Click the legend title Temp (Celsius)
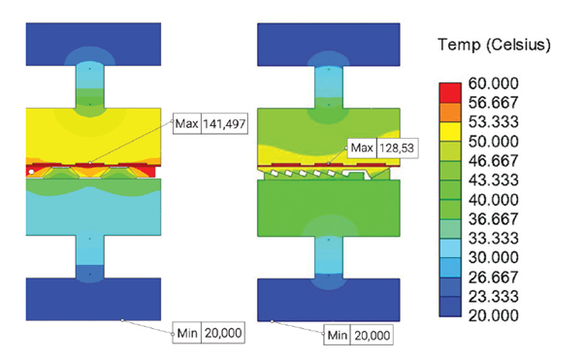(x=494, y=45)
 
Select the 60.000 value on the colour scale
(x=493, y=83)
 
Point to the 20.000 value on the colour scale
(x=493, y=315)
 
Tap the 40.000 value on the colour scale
(x=493, y=200)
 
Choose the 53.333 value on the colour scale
(x=493, y=122)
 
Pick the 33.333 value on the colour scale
(x=493, y=238)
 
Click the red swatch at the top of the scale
(x=450, y=92)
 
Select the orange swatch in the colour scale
(x=450, y=113)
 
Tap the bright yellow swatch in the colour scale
(x=450, y=132)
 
